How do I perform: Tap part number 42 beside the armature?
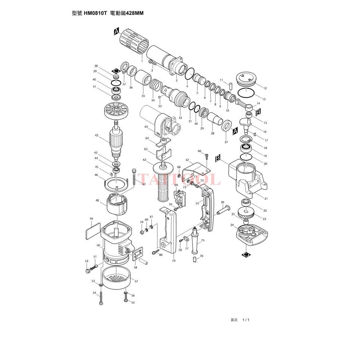click(x=96, y=135)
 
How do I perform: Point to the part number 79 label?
click(x=173, y=261)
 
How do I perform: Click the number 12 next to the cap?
click(x=264, y=88)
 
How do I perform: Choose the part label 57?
click(x=136, y=281)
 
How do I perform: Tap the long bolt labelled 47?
click(x=134, y=177)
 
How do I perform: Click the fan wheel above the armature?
click(x=116, y=111)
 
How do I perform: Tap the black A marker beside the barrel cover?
click(x=116, y=32)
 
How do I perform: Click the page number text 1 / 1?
click(x=245, y=320)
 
